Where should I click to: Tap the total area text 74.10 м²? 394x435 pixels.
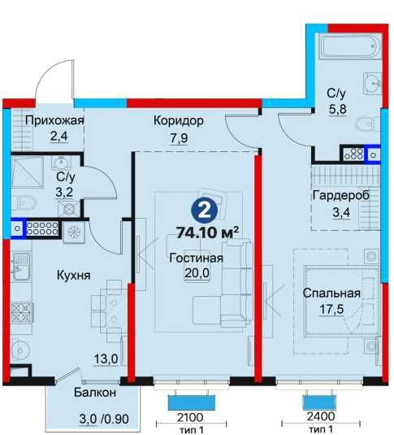click(x=207, y=233)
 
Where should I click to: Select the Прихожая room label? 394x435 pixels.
click(x=54, y=120)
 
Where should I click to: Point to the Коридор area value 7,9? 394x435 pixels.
click(x=179, y=138)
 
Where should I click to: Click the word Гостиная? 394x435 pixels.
click(x=196, y=259)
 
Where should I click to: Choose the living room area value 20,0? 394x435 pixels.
click(x=197, y=273)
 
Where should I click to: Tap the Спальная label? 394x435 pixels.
click(x=331, y=294)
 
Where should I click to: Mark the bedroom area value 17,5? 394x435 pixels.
click(x=331, y=309)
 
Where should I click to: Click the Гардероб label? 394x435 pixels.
click(x=341, y=196)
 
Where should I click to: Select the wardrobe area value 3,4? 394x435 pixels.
click(x=341, y=213)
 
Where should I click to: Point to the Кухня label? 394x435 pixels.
click(x=73, y=276)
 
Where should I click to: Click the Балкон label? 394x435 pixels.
click(x=95, y=393)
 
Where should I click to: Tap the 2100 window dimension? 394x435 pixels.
click(x=190, y=417)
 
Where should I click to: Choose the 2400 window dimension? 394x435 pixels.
click(x=321, y=416)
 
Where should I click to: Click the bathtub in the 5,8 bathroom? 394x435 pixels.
click(x=350, y=46)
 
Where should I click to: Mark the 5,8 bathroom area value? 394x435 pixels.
click(x=338, y=109)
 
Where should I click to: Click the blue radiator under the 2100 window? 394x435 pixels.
click(x=192, y=402)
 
